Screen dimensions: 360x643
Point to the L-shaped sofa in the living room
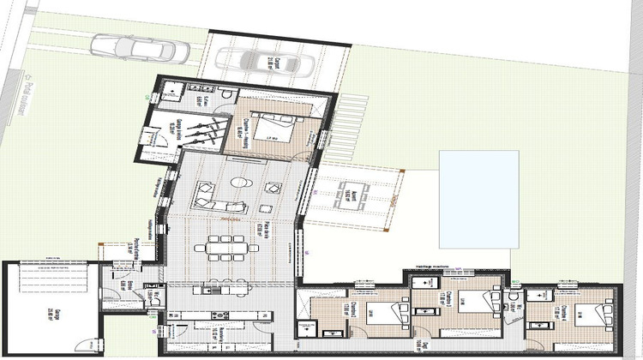click(x=206, y=195)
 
